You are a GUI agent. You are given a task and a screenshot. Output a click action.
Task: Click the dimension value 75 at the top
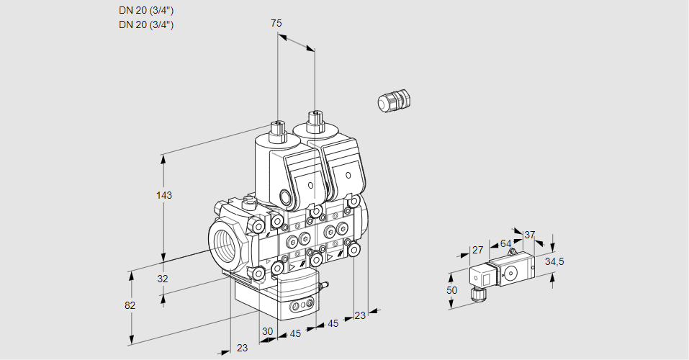point(276,23)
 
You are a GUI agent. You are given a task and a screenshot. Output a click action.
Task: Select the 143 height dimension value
point(166,195)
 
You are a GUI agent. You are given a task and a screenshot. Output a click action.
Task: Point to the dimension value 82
point(130,305)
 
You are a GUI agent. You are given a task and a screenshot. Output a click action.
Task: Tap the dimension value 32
point(162,279)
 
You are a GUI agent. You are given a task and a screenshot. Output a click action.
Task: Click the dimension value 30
point(267,332)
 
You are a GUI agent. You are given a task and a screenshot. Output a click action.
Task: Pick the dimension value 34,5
point(554,261)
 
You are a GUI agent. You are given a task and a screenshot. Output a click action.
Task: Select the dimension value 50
point(451,290)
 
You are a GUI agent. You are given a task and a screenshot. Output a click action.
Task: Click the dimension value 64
point(505,243)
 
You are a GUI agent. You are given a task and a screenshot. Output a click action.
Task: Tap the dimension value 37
point(530,235)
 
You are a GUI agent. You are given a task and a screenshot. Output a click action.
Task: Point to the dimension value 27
point(477,250)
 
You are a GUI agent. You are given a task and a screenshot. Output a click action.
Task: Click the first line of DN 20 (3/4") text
point(146,10)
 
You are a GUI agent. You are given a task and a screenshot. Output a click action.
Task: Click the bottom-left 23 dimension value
point(242,348)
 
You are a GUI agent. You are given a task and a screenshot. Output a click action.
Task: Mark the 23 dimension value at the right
point(360,315)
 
